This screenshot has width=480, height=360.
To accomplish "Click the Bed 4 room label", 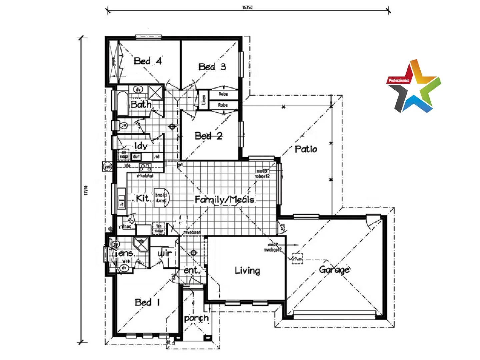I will click(148, 61).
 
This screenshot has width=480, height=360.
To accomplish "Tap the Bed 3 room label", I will click(212, 67).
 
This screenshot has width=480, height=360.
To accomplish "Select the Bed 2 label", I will click(208, 136).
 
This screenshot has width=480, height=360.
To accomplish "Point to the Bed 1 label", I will click(147, 302).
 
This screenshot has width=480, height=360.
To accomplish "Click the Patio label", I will click(306, 149).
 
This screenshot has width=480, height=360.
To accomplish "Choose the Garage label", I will click(334, 269).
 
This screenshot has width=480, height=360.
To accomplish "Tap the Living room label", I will click(247, 270).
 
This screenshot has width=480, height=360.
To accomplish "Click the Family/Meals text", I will click(224, 200).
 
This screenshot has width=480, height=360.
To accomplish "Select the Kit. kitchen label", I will click(143, 198).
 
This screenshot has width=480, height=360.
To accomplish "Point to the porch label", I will click(196, 318).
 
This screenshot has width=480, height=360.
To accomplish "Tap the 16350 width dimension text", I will click(247, 7).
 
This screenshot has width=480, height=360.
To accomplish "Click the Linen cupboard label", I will click(203, 99).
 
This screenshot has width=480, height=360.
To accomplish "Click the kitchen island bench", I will click(161, 197).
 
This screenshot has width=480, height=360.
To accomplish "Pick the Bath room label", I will click(141, 105).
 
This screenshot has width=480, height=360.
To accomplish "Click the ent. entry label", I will click(192, 270).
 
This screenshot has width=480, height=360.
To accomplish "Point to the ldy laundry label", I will click(140, 146).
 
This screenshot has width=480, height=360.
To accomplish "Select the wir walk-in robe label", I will click(165, 253).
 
